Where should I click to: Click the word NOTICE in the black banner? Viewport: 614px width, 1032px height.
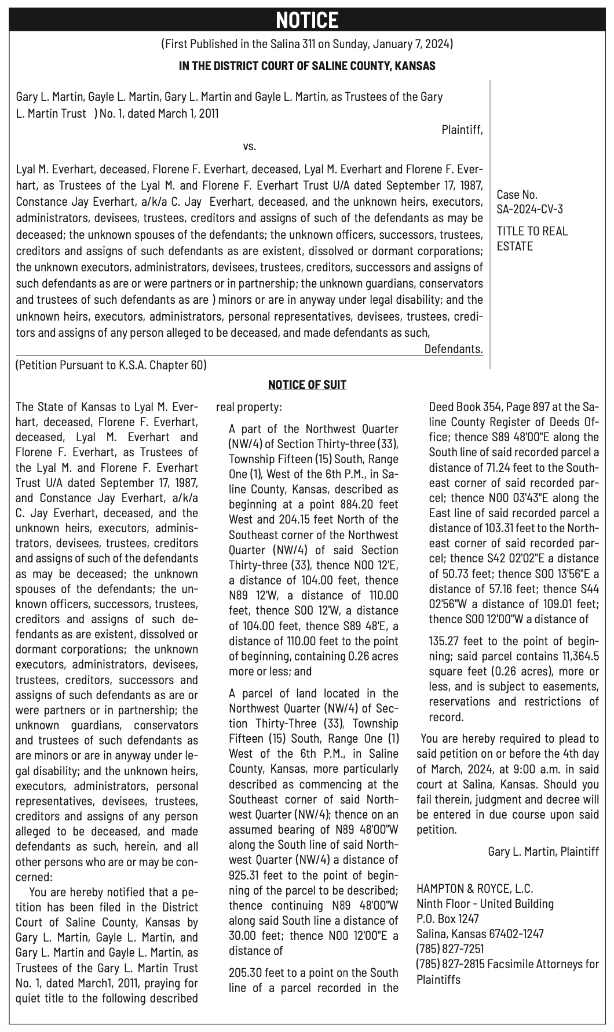[307, 20]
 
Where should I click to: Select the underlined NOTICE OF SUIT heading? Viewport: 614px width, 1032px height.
[307, 385]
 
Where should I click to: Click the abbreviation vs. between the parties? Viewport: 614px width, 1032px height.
[249, 146]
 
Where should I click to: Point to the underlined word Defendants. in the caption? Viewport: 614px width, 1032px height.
[453, 350]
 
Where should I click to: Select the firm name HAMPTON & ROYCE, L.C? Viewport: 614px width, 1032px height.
[474, 889]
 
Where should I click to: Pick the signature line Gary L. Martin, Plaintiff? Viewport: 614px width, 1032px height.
[543, 852]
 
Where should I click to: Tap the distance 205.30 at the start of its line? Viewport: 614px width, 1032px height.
[247, 973]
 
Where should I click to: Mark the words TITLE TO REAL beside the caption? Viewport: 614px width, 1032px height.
[532, 231]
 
